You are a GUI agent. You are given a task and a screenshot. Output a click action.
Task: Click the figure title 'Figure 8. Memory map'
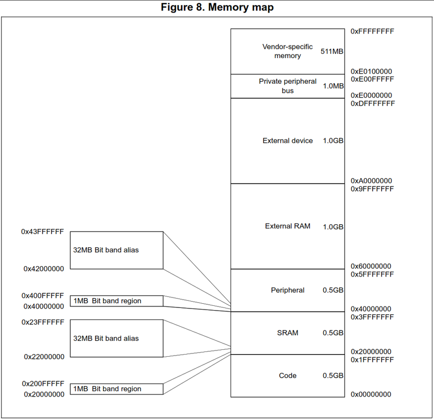tap(216, 7)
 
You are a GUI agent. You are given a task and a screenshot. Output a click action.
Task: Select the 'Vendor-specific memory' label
tap(288, 51)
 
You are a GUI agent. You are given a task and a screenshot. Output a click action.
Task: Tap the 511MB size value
tap(332, 51)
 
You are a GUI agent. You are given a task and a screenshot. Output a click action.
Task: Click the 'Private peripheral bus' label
tap(288, 86)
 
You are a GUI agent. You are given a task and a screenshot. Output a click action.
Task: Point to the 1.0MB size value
tap(333, 86)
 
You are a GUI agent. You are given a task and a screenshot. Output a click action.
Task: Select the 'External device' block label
tap(288, 141)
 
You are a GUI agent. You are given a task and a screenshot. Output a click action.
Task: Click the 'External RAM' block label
tap(288, 226)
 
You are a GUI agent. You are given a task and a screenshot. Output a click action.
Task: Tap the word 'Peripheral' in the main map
tap(288, 290)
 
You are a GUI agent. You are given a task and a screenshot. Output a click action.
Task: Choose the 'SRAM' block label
tap(288, 333)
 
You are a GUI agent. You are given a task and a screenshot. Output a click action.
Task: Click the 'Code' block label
tap(288, 376)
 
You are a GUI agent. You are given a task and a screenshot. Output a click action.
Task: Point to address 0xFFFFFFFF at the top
tap(372, 31)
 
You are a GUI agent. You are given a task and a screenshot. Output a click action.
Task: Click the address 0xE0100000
tap(371, 71)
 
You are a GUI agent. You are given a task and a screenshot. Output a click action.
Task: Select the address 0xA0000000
tap(371, 181)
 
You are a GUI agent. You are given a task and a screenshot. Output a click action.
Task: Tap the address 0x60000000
tap(371, 266)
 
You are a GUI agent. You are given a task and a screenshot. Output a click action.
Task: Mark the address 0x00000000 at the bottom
tap(371, 394)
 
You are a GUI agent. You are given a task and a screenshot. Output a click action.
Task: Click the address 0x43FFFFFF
tap(43, 231)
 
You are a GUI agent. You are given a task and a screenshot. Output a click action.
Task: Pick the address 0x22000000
tap(44, 357)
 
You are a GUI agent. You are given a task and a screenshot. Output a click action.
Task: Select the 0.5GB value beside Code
tap(333, 376)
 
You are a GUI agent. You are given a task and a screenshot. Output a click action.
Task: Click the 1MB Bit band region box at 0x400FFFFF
tap(117, 301)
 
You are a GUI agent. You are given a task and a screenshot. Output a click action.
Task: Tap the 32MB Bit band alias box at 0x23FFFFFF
tap(117, 338)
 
